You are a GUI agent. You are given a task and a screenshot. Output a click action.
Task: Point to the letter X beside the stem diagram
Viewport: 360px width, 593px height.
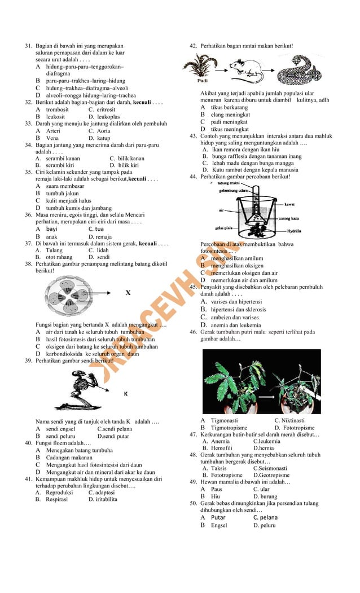coord(128,293)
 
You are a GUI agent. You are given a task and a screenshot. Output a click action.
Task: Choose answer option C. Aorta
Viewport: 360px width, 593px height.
coord(99,131)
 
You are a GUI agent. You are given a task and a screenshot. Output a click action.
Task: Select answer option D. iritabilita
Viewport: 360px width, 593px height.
coord(103,499)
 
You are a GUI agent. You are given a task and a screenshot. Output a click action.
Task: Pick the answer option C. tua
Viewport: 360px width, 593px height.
coord(96,229)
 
